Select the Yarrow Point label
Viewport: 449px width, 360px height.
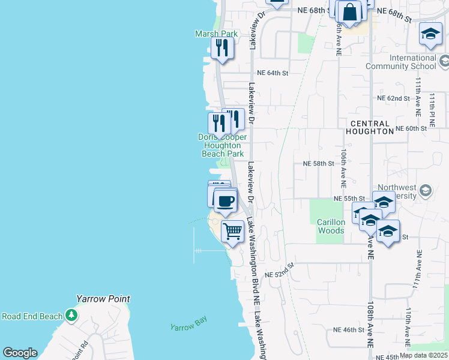click(103, 299)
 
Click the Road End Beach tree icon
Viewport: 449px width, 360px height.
click(71, 314)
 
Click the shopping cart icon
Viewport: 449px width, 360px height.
click(232, 230)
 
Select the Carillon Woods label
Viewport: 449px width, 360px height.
click(331, 226)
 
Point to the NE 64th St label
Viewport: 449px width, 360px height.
click(273, 73)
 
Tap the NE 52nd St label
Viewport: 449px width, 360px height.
click(280, 270)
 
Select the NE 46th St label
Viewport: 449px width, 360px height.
click(349, 330)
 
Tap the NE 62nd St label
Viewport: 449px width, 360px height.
click(393, 98)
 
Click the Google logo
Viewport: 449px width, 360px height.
click(20, 353)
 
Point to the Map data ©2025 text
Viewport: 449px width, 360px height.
click(423, 355)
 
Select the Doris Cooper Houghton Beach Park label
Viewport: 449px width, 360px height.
click(222, 145)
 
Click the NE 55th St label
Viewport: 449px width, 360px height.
click(349, 199)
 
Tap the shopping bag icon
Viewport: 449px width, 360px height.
click(349, 11)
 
